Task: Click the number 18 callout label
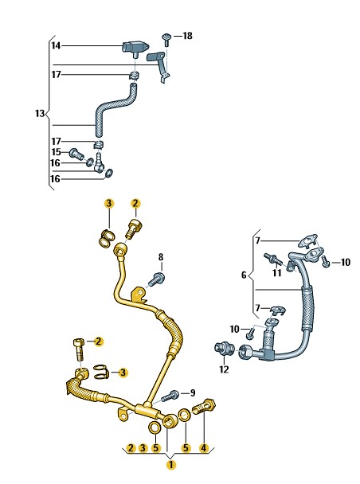(187, 36)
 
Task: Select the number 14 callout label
(56, 45)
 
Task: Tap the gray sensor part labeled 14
(135, 49)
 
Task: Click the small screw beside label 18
(166, 39)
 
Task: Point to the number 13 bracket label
(40, 113)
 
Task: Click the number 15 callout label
(56, 152)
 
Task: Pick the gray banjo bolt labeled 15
(76, 154)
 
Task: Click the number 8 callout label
(161, 257)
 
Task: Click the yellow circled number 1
(170, 465)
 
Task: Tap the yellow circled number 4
(203, 448)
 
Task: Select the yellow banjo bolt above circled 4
(204, 407)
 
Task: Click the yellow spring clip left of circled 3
(101, 371)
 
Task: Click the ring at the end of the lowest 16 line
(109, 174)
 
